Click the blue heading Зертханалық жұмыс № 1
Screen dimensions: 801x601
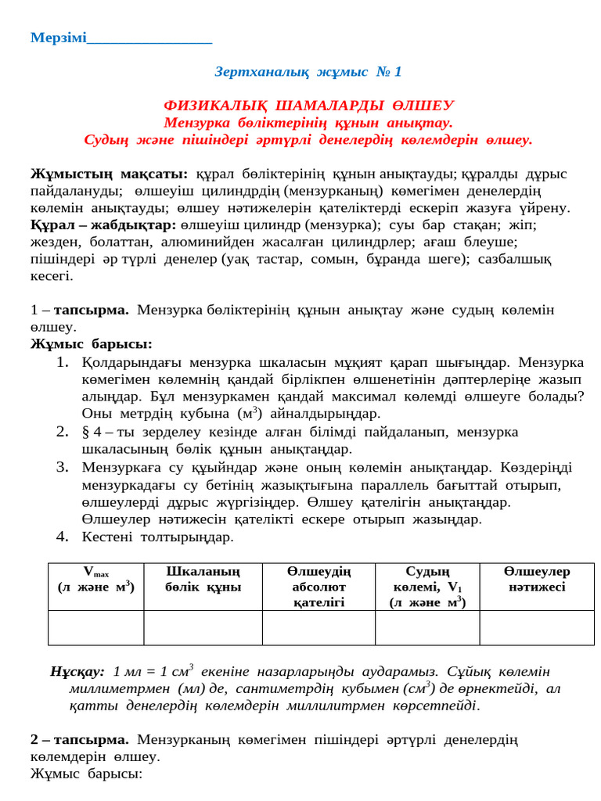coord(308,72)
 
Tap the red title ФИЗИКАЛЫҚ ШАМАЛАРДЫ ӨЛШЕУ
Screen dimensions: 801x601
coord(308,106)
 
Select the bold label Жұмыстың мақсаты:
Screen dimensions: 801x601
coord(109,174)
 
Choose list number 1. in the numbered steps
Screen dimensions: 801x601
coord(64,362)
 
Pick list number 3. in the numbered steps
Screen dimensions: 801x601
coord(64,468)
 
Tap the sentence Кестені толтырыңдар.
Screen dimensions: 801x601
coord(157,537)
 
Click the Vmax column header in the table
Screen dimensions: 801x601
coord(95,579)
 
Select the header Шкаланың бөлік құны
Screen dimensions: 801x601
coord(203,580)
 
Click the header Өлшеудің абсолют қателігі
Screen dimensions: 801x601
coord(318,587)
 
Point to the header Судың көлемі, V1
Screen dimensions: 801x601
coord(427,587)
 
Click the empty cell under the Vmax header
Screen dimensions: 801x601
coord(95,628)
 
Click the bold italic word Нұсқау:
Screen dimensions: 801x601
coord(77,672)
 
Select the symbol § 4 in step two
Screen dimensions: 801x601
coord(92,433)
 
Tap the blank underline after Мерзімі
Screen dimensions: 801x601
coord(149,38)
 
